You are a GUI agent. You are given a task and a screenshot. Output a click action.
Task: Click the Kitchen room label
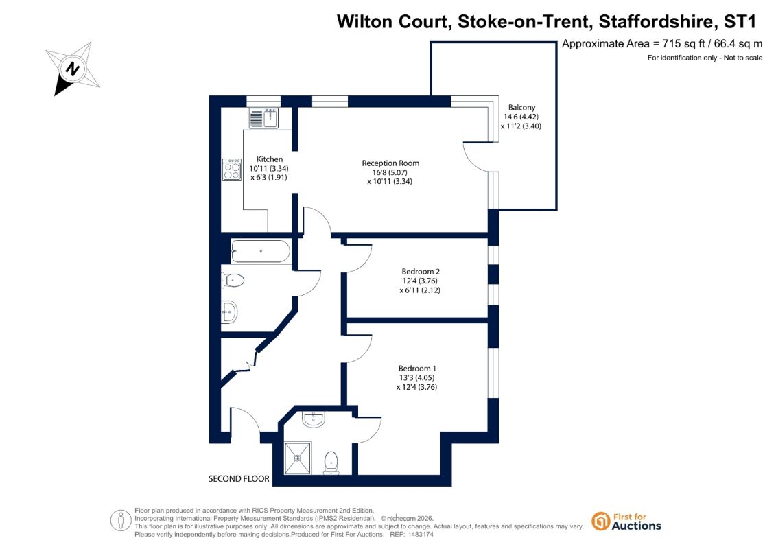click(x=270, y=159)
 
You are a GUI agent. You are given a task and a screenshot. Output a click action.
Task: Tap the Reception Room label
click(x=390, y=163)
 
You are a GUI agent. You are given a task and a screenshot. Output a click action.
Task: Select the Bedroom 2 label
click(x=421, y=271)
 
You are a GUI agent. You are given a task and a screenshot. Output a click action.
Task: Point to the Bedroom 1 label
click(x=417, y=369)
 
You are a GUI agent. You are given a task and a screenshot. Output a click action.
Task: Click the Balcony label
click(x=521, y=108)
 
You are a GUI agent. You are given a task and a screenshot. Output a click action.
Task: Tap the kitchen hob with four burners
click(x=232, y=170)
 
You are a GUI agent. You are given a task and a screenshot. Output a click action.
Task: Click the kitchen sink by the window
click(x=263, y=118)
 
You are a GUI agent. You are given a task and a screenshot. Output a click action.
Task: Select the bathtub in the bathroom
click(x=260, y=251)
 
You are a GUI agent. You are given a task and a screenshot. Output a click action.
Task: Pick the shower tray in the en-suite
click(x=298, y=458)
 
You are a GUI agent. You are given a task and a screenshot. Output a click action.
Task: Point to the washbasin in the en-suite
click(x=314, y=419)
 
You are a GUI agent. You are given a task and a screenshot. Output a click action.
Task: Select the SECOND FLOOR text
click(x=239, y=479)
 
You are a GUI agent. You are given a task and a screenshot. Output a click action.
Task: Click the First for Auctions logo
click(x=626, y=522)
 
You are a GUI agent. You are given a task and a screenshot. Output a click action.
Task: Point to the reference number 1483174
click(x=420, y=535)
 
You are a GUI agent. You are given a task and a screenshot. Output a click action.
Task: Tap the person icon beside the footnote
click(x=120, y=521)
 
